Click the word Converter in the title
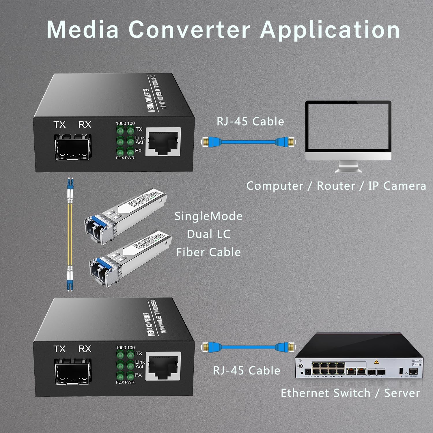(x=189, y=30)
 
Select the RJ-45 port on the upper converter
(x=163, y=141)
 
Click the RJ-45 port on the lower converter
(x=163, y=366)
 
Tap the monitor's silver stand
(x=348, y=167)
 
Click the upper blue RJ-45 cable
(x=248, y=142)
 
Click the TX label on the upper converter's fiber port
(x=59, y=125)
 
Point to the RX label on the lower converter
(x=85, y=349)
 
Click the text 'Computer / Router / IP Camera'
(x=336, y=186)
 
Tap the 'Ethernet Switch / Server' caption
(x=350, y=393)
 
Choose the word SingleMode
(x=208, y=216)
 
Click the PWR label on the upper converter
(x=130, y=158)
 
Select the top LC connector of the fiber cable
(x=70, y=186)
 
